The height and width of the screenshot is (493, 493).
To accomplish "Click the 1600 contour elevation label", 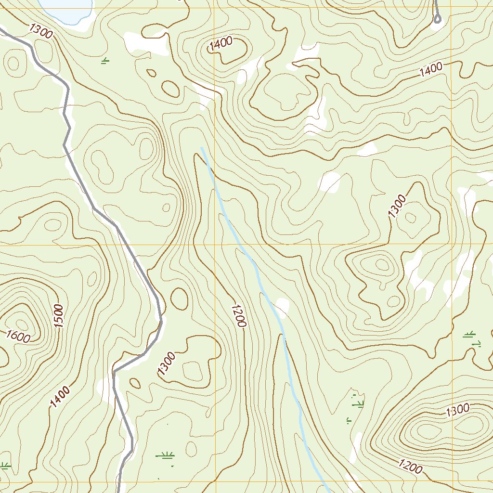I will (19, 337).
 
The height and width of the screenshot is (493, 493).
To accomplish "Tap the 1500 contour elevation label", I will (59, 316).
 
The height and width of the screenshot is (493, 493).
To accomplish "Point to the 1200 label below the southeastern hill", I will (410, 466).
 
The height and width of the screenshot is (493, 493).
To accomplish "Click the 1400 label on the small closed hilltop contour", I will (221, 44).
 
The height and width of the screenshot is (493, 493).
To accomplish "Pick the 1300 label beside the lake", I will (40, 30).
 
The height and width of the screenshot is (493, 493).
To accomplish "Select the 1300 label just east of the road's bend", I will (166, 364).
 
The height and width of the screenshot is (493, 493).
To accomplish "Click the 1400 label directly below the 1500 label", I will (59, 397).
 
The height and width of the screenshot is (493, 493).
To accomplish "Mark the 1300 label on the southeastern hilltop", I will (457, 411).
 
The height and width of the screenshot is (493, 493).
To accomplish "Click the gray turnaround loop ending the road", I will (437, 19).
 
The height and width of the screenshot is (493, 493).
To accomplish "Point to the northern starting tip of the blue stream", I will (202, 148).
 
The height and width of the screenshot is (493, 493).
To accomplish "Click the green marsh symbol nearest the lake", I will (105, 60).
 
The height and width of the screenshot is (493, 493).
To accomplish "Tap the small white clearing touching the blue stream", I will (282, 306).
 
